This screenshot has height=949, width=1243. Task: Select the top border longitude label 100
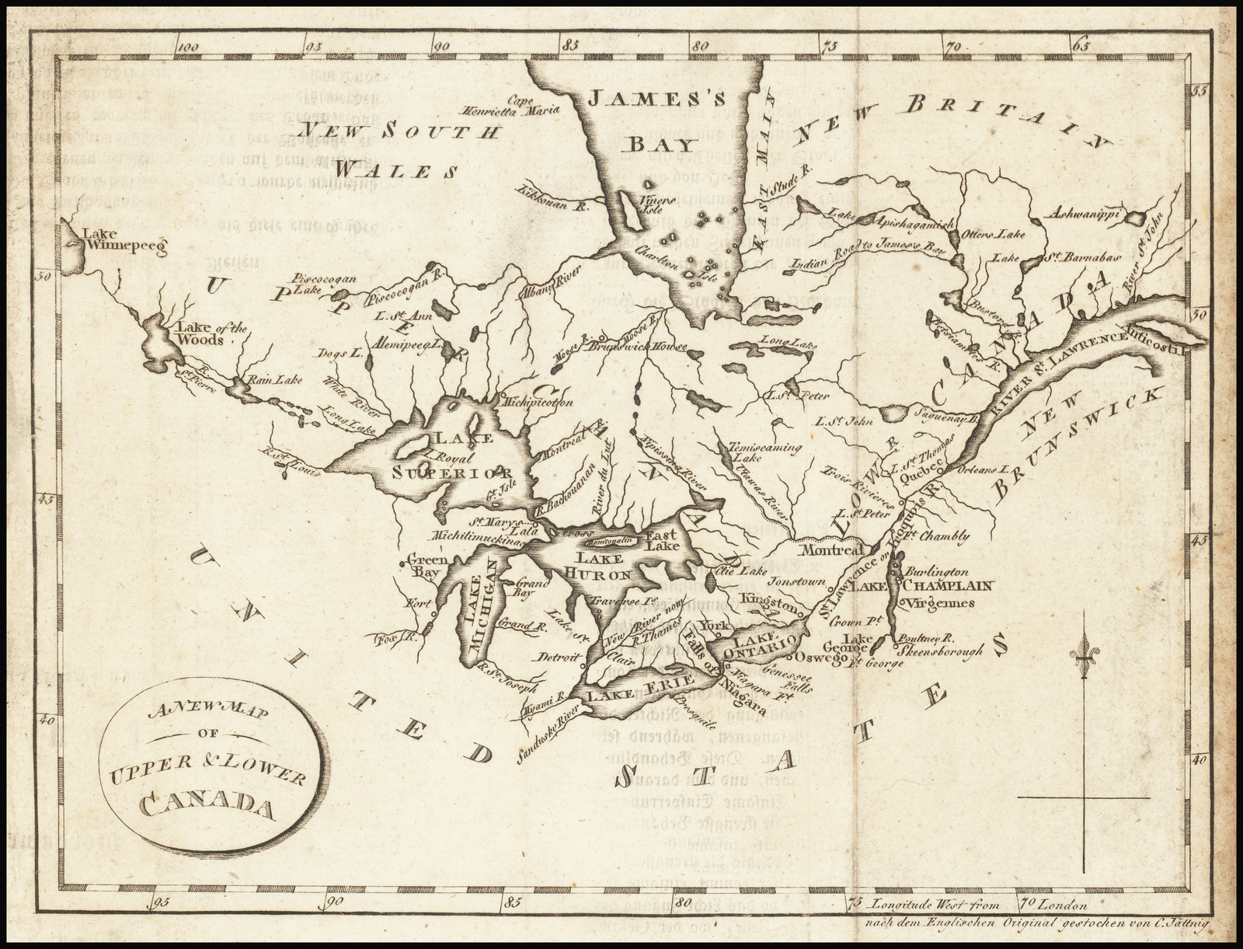point(189,47)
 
